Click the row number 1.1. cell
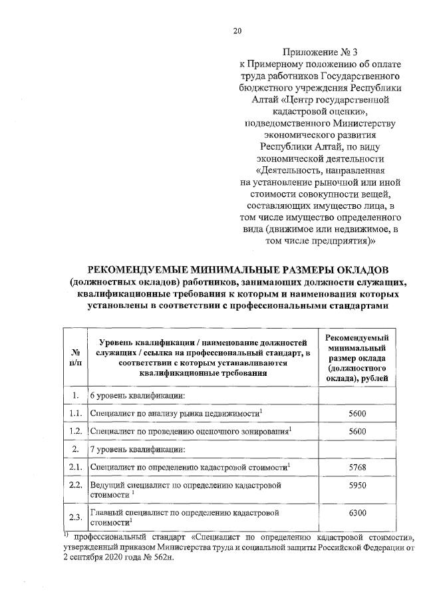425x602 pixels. (x=76, y=414)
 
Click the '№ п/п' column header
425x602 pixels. (x=76, y=357)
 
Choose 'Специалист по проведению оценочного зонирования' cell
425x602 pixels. (x=190, y=431)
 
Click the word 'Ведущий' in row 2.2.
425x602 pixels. (x=107, y=486)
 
